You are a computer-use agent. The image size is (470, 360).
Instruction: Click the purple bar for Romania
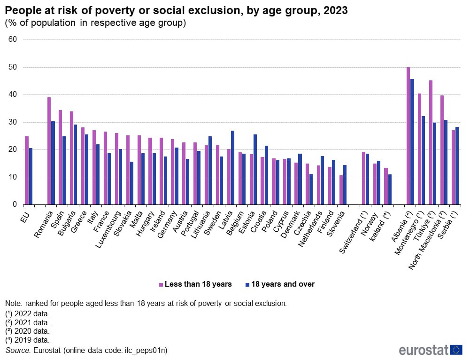(x=49, y=151)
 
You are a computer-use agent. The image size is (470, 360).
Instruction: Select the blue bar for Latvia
(x=233, y=167)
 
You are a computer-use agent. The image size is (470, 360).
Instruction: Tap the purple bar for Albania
(x=408, y=136)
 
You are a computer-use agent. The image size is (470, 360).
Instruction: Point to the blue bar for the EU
(x=31, y=176)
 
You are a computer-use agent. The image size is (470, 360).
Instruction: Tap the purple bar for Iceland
(x=386, y=186)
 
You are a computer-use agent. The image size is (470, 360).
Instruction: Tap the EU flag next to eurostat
(x=456, y=350)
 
